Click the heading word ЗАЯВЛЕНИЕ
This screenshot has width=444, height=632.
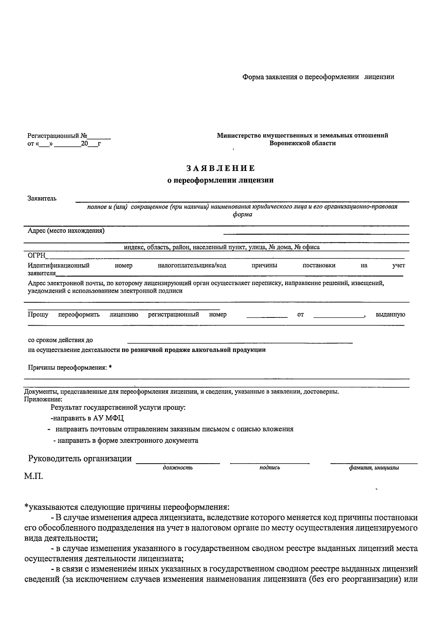click(221, 168)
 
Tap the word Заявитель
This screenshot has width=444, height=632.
click(42, 198)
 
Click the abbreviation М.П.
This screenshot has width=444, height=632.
click(34, 476)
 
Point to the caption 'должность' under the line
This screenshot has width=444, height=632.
click(178, 468)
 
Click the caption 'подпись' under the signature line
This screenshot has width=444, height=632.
click(269, 468)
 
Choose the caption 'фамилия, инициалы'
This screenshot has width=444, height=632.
click(374, 468)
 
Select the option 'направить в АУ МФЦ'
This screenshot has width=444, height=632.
click(87, 418)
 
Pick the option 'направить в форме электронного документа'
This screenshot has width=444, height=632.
click(126, 441)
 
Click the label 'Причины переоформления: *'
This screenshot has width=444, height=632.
click(70, 367)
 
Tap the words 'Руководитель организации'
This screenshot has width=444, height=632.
click(80, 459)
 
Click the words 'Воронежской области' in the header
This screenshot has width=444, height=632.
click(302, 143)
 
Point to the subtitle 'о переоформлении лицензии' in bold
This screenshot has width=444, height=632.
click(221, 181)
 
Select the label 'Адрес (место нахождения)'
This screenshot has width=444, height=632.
click(66, 231)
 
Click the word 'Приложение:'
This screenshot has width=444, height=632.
click(43, 399)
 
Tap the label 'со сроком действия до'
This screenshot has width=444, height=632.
click(61, 340)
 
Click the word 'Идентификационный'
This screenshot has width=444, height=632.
click(58, 265)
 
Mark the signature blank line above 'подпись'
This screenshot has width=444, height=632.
click(269, 463)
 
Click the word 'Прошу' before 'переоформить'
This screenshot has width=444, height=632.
click(38, 315)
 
